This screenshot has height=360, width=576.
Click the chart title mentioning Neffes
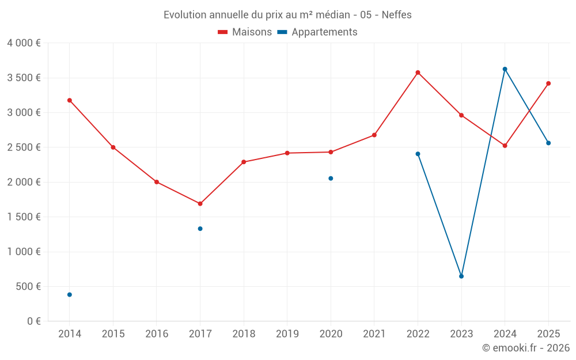click(x=287, y=15)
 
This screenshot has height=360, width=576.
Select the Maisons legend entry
click(x=245, y=32)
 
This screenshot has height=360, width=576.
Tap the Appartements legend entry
click(x=317, y=32)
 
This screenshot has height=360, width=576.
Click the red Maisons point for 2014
click(x=70, y=100)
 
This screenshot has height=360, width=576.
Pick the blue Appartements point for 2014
click(x=70, y=294)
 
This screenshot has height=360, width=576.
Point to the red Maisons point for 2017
click(x=200, y=203)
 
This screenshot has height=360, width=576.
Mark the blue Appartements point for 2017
click(x=200, y=229)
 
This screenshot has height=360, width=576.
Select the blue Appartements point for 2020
click(x=331, y=179)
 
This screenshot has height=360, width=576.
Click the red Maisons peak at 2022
click(x=418, y=73)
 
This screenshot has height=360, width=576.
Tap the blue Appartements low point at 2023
click(x=461, y=276)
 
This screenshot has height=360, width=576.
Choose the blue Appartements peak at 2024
click(x=505, y=69)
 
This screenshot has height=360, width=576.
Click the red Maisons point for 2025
click(x=548, y=84)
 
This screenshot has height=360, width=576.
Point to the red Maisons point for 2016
click(x=157, y=182)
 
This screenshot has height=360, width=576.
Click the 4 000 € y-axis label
click(x=24, y=43)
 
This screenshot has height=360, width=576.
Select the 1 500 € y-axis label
click(x=24, y=217)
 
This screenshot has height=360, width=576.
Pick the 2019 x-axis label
click(x=287, y=334)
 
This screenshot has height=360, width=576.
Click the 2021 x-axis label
click(x=374, y=334)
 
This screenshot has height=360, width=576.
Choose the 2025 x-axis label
click(x=548, y=334)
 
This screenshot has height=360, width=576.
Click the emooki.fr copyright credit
click(x=526, y=348)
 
